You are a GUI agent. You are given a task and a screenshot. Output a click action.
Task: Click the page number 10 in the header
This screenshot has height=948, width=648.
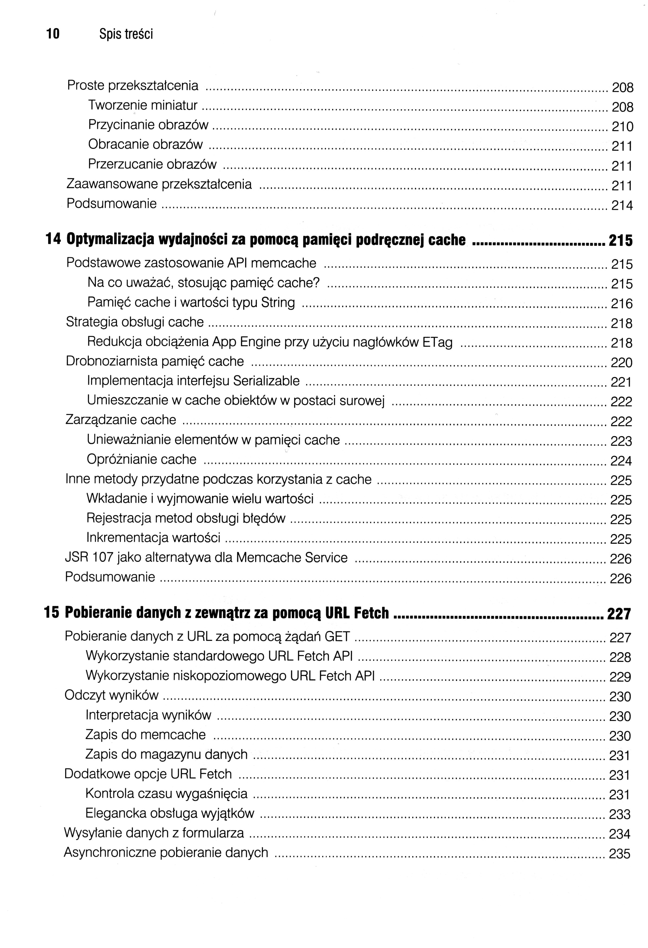pyautogui.click(x=53, y=34)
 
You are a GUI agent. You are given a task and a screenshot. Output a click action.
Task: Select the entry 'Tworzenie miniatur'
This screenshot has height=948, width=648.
pyautogui.click(x=143, y=106)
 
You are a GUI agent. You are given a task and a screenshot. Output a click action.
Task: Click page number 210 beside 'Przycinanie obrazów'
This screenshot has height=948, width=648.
pyautogui.click(x=622, y=127)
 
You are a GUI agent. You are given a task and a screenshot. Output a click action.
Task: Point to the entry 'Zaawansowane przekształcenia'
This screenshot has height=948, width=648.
pyautogui.click(x=159, y=184)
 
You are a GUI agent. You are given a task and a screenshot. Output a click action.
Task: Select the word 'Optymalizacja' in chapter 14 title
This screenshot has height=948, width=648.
pyautogui.click(x=110, y=240)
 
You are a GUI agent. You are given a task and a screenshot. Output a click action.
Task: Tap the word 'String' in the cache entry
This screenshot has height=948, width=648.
pyautogui.click(x=278, y=302)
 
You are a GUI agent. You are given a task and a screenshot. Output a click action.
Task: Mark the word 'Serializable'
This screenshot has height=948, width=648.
pyautogui.click(x=266, y=381)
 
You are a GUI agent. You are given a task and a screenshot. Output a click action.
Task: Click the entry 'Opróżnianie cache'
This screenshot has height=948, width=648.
pyautogui.click(x=141, y=459)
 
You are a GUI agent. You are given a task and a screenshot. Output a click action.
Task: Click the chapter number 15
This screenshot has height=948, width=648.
pyautogui.click(x=52, y=612)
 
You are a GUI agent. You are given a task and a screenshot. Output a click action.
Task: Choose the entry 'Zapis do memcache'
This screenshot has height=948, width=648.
pyautogui.click(x=146, y=735)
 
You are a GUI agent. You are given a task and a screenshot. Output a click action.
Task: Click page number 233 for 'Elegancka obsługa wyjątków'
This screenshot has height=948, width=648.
pyautogui.click(x=620, y=814)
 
